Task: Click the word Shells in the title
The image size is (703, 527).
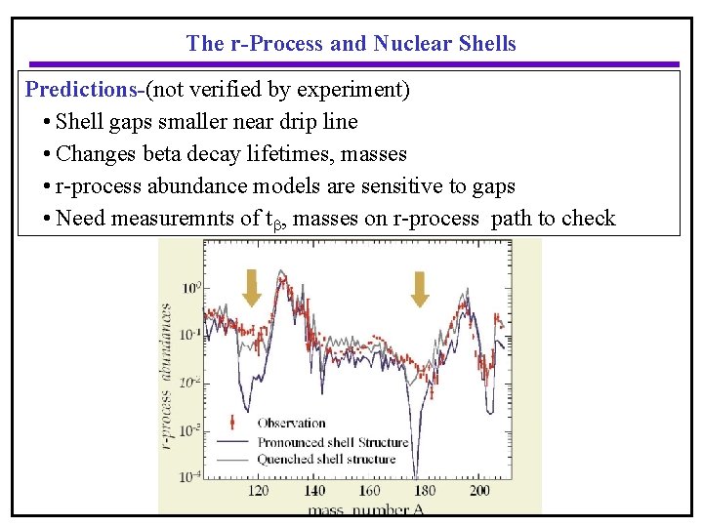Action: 487,43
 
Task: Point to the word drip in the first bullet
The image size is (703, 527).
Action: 297,122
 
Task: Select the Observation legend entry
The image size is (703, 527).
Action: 291,423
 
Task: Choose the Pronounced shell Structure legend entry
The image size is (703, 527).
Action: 332,441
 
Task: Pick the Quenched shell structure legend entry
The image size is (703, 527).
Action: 326,459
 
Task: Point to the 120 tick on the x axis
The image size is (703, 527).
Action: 260,491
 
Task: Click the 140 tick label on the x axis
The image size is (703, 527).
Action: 314,491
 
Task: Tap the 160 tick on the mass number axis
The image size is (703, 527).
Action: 369,491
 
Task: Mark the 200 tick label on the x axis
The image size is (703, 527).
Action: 479,491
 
